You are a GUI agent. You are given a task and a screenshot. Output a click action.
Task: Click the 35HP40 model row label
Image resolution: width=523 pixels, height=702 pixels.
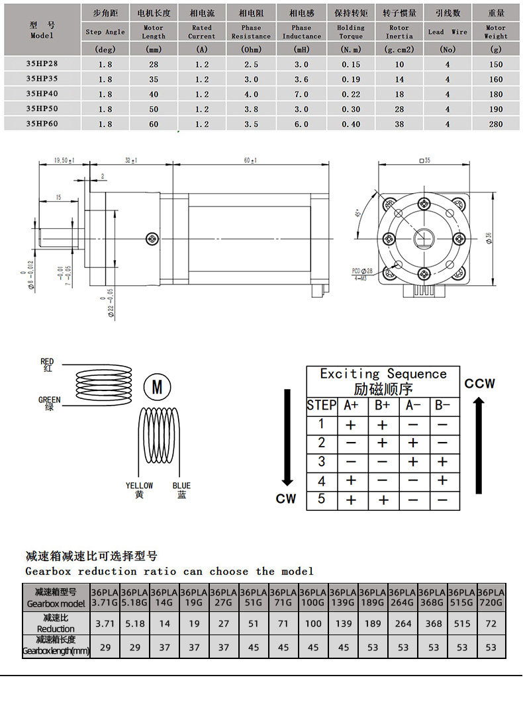click(x=42, y=93)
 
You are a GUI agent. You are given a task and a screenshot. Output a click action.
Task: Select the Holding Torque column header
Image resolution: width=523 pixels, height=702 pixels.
click(x=351, y=31)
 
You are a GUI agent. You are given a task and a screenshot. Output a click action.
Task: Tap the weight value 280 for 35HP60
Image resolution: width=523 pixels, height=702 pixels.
click(x=495, y=123)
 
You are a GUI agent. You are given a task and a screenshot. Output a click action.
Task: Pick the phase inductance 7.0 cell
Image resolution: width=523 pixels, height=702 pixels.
click(x=301, y=93)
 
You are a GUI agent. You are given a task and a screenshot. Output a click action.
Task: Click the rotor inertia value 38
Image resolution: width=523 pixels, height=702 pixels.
click(x=399, y=123)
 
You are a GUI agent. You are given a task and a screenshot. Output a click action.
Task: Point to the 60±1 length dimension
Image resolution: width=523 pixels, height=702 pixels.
click(x=250, y=160)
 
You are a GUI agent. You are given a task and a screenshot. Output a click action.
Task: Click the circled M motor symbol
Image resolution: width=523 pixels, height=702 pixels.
click(x=157, y=386)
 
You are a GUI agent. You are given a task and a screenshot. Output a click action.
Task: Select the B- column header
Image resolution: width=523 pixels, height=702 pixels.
click(x=443, y=405)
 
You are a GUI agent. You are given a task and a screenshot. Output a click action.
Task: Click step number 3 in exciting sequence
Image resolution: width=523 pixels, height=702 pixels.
click(x=322, y=461)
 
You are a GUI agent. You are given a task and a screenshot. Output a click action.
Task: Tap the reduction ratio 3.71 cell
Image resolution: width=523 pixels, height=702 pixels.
click(x=105, y=623)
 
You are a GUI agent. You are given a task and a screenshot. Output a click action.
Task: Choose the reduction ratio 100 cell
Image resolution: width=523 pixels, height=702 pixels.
click(x=313, y=623)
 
